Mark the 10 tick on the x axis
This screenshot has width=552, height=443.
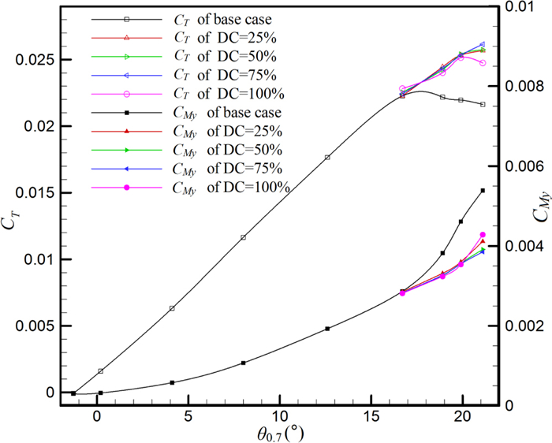pos(279,415)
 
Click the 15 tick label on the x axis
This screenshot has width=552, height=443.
pos(371,415)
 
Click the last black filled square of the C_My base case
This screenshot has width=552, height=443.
pos(483,191)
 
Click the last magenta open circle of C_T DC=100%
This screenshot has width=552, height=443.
pos(483,63)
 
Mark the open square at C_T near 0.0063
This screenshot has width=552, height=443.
pos(172,308)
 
